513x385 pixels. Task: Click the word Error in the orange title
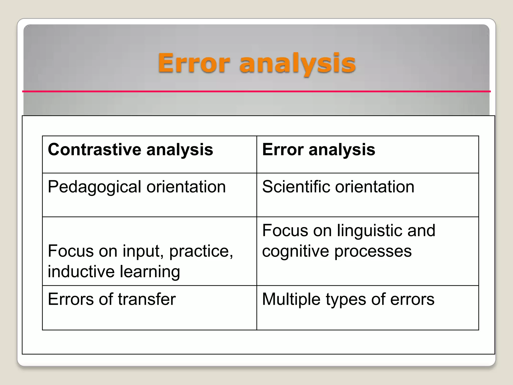click(x=194, y=63)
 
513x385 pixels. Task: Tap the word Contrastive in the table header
click(x=95, y=150)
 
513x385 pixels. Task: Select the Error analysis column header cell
click(x=367, y=154)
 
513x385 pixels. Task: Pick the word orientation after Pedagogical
click(x=186, y=187)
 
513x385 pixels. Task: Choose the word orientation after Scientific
click(x=375, y=187)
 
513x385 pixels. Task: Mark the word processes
click(x=373, y=251)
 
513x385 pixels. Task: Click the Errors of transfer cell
click(x=150, y=308)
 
